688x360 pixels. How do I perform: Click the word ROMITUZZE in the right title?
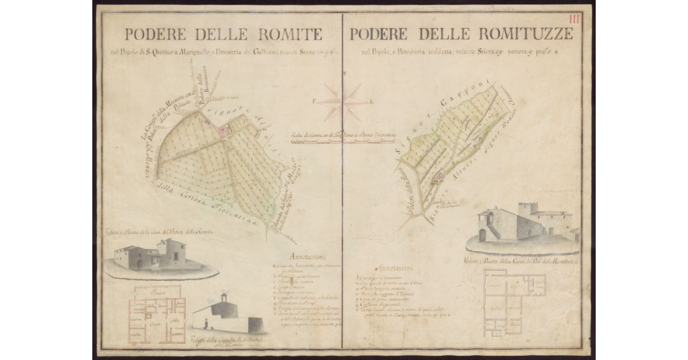[521, 34]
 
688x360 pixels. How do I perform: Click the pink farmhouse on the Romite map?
[222, 131]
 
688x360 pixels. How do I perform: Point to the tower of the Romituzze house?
[527, 210]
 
